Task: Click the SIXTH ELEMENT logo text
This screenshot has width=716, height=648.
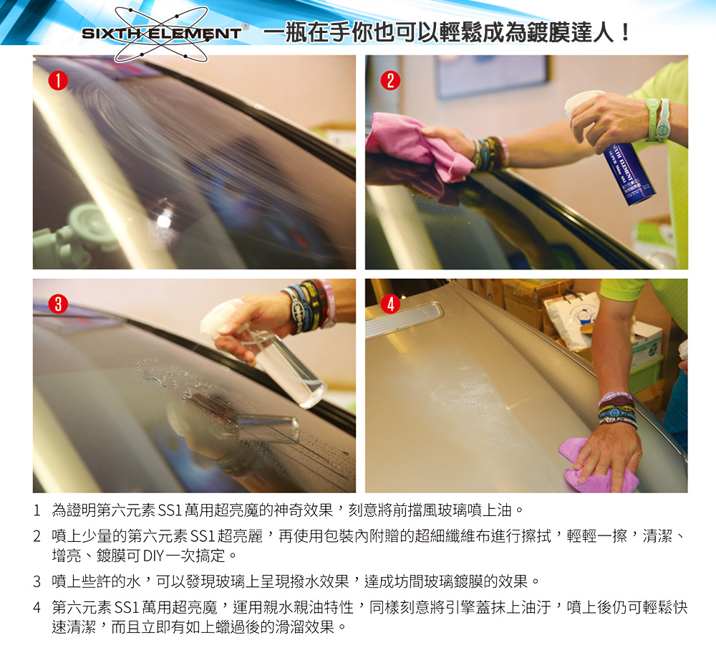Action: pos(161,34)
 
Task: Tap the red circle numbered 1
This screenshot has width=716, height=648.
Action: pos(58,80)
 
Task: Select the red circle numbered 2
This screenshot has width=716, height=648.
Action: pos(390,80)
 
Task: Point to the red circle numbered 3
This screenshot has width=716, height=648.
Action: pos(58,304)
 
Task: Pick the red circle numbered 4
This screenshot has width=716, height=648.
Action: pos(390,304)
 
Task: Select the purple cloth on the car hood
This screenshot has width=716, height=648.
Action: pos(598,467)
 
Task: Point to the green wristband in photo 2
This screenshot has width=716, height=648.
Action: pos(657,120)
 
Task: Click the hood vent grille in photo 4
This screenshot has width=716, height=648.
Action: pos(405,316)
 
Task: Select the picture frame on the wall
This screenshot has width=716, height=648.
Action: pos(491,76)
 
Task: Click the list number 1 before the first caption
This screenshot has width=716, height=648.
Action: pos(37,510)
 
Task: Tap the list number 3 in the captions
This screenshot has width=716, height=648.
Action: pos(37,582)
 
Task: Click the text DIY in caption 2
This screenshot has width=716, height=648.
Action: pos(153,556)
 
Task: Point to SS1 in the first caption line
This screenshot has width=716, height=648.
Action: pos(170,510)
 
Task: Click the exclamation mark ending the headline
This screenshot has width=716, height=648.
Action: pos(625,32)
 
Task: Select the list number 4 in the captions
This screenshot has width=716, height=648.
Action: pos(37,608)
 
